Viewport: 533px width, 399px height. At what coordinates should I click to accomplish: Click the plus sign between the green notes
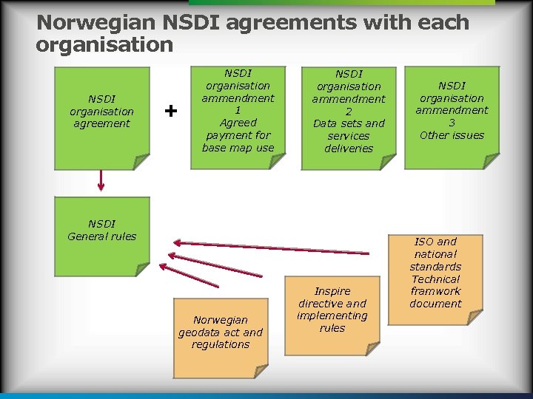171,111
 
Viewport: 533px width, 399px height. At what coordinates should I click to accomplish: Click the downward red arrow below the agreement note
101,180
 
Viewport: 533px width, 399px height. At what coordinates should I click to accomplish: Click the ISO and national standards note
435,277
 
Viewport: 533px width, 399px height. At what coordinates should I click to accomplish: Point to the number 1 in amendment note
238,110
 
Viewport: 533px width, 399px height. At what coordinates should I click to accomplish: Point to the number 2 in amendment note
349,112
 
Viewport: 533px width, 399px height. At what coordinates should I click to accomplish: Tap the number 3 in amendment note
452,123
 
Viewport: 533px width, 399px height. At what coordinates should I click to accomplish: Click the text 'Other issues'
452,135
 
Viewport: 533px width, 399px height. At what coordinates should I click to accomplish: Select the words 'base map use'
238,148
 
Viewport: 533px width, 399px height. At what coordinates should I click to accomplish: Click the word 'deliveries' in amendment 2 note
349,149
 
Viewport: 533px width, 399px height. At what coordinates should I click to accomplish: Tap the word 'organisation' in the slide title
104,45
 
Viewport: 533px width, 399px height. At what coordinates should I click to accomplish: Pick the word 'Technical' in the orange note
435,279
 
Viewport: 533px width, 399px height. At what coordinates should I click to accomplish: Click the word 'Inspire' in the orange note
332,291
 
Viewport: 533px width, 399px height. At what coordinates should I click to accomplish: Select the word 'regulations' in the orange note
221,344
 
